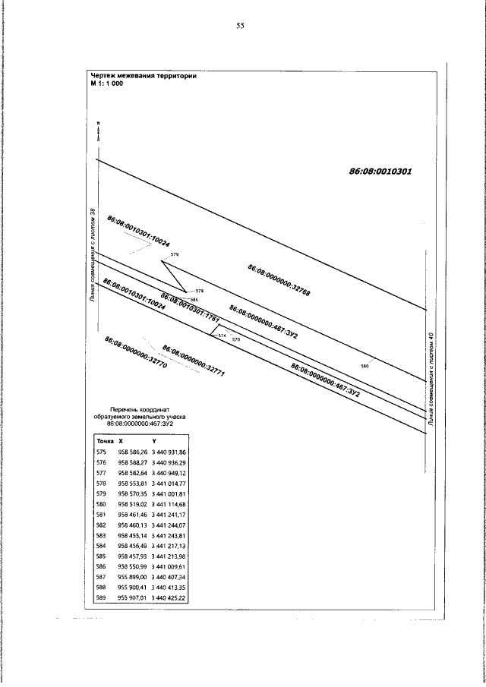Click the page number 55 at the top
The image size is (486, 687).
coord(240,26)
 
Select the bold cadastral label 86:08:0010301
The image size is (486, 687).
coord(380,172)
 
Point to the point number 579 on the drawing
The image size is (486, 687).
coord(175,254)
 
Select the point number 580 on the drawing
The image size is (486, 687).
coord(364,367)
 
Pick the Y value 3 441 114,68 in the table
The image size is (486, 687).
coord(170,504)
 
